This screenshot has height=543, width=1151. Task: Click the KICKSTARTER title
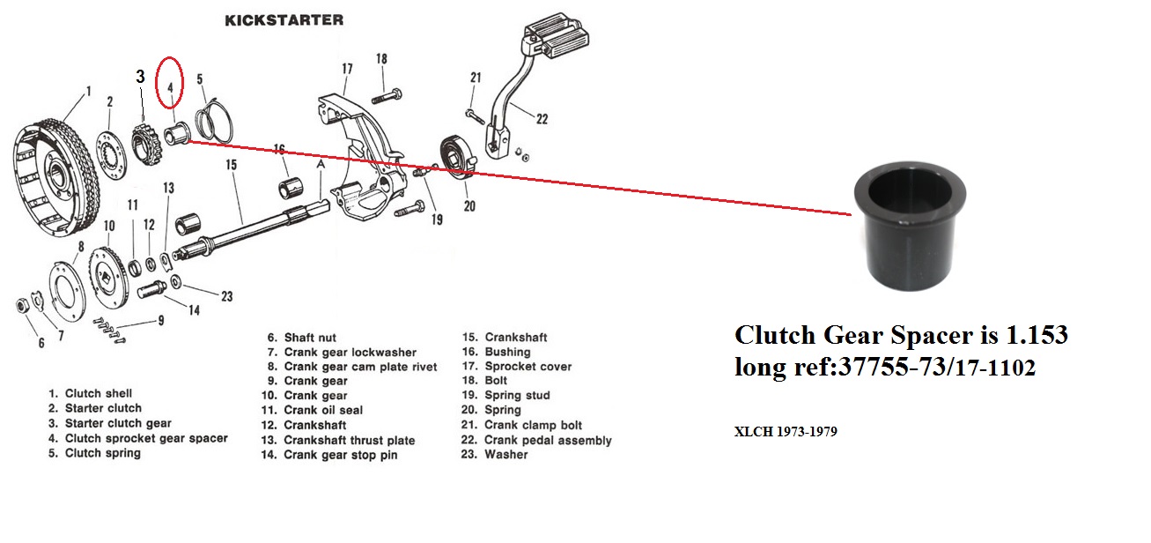click(284, 19)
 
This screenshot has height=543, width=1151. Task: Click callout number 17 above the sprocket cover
click(347, 69)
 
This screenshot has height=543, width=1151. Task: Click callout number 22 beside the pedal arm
click(542, 120)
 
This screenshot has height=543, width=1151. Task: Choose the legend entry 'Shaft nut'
click(302, 338)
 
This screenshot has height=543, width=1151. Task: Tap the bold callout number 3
click(140, 78)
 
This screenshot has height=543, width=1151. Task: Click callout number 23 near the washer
click(227, 296)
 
